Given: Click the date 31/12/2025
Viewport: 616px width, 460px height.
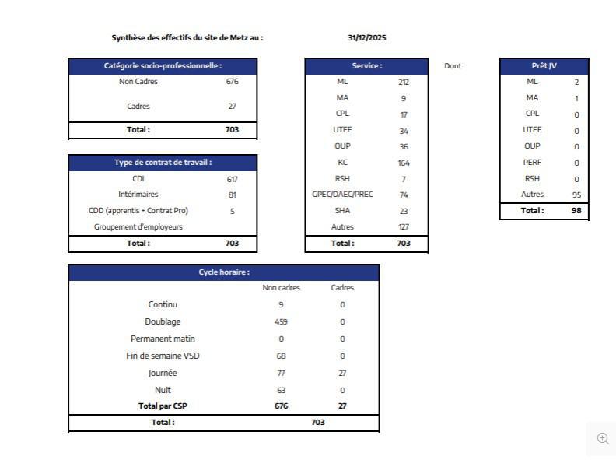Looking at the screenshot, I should [367, 37].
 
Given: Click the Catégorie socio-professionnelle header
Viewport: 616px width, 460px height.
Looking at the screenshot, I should [163, 66].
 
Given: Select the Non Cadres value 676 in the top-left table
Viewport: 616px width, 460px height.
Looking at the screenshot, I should [232, 81].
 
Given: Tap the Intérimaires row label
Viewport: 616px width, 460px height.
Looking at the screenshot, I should [138, 195].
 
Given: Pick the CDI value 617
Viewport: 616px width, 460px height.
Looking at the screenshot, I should [232, 179].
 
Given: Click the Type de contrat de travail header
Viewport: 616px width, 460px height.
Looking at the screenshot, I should [163, 163].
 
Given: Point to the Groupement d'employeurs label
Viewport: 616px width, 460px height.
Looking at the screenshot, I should [138, 227].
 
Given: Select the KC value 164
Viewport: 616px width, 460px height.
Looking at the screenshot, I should [403, 163].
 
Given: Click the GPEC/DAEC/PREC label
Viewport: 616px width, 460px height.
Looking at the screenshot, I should [342, 195].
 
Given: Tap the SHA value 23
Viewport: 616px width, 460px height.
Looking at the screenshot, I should [403, 211].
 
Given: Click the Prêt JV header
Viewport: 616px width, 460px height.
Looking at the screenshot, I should [544, 66].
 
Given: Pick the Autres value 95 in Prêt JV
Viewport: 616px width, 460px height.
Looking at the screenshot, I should [576, 195].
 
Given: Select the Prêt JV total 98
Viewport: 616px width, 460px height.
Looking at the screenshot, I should [576, 210].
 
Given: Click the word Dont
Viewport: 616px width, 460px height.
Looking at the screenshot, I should [453, 66].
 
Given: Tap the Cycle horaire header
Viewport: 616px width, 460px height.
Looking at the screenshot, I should [224, 272].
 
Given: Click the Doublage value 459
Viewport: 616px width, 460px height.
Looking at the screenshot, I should [281, 321].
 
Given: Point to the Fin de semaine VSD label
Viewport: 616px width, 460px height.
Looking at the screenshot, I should [162, 356].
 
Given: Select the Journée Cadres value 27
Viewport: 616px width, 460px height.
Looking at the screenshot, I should [342, 373].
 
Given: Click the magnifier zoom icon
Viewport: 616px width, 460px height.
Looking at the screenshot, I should [603, 438].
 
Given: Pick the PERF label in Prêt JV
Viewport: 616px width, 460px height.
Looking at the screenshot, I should [532, 163].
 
